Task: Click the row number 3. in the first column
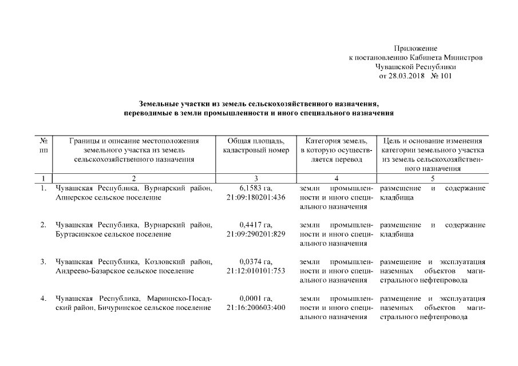44,262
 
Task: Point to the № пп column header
44,145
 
